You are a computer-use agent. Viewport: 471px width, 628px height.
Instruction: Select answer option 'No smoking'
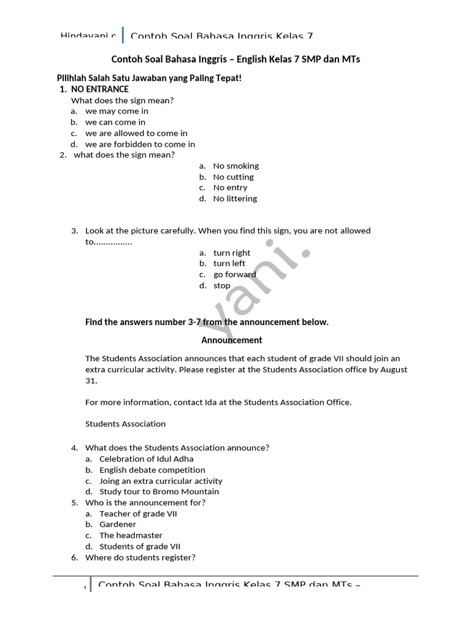pos(235,166)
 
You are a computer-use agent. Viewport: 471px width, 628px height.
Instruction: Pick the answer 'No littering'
pos(235,199)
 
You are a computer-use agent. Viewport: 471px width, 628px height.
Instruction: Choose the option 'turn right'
pos(232,253)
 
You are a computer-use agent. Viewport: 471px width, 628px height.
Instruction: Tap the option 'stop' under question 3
pos(222,286)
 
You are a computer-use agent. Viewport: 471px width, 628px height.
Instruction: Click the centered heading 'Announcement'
pos(232,340)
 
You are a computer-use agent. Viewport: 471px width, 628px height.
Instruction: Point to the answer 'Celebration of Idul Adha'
pos(147,459)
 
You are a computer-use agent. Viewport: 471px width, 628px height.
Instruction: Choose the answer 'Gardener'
pos(118,524)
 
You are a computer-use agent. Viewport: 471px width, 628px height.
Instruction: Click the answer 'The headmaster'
pos(131,535)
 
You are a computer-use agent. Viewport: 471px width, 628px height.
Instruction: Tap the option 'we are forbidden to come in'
pos(140,144)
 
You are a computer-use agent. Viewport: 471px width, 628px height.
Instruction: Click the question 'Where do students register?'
pos(140,557)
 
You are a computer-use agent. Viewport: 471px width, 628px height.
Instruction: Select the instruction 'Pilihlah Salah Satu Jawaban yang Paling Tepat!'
pos(149,78)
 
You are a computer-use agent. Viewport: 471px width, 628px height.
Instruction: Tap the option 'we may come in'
pos(117,111)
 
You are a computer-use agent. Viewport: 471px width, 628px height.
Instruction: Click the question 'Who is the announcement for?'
pos(145,503)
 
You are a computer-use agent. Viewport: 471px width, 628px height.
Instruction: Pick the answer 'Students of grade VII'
pos(140,546)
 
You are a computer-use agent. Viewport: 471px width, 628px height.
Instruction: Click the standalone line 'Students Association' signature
pos(125,424)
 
